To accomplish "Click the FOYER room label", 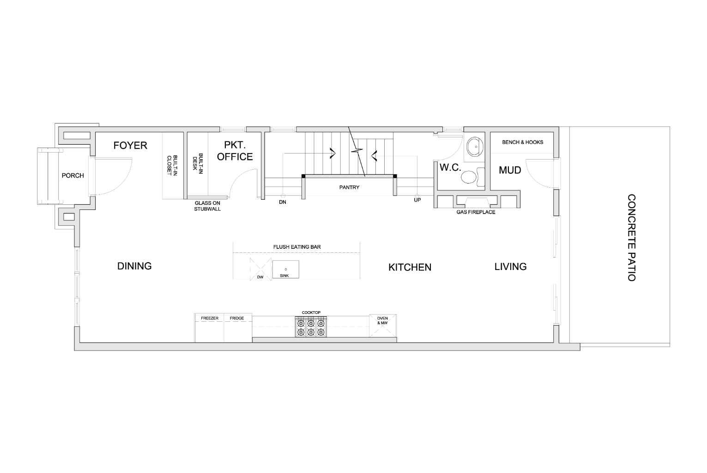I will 130,146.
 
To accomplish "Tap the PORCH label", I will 73,176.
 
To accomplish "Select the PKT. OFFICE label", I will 235,151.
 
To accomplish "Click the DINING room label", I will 134,266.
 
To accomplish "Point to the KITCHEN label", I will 410,267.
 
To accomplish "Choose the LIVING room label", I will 510,267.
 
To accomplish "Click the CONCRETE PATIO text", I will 631,238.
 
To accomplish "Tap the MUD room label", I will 510,170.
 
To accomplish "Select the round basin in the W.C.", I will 474,147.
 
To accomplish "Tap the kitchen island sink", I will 285,269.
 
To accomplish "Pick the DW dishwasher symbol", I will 260,269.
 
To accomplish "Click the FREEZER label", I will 210,318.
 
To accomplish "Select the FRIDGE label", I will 237,318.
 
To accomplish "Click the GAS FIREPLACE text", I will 476,212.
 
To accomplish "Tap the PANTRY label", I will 349,188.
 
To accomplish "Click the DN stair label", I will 283,203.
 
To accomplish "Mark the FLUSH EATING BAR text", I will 297,247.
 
